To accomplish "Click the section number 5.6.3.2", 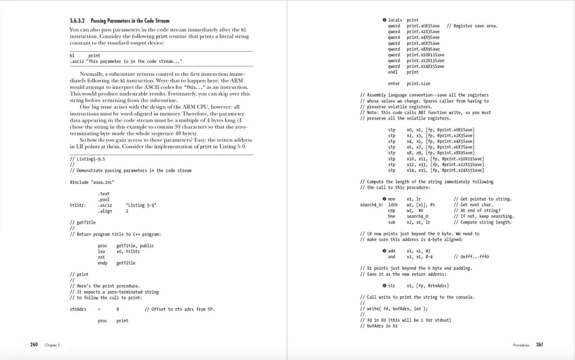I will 78,21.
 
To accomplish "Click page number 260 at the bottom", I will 34,344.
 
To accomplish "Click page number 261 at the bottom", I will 540,344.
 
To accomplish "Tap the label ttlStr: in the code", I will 77,205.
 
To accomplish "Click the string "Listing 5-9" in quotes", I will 142,205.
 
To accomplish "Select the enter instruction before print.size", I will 394,84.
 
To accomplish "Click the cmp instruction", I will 391,210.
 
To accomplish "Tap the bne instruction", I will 391,216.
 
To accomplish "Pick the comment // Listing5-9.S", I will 86,159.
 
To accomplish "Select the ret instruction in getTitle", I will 101,257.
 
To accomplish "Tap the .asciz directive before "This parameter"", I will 77,61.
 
